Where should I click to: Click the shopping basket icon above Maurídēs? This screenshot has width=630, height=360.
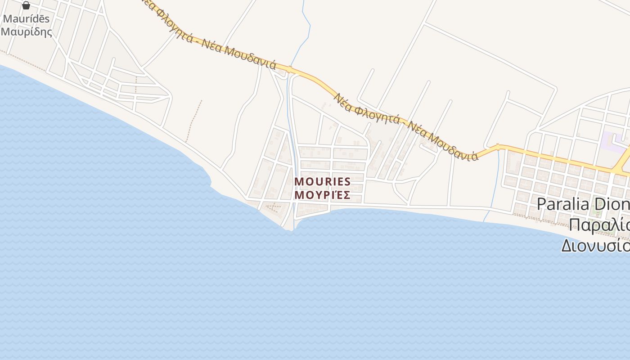[x=26, y=5]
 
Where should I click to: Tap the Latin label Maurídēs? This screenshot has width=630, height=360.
[x=26, y=19]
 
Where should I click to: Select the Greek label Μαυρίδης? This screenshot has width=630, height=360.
[x=26, y=32]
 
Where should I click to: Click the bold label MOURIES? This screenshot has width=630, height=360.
[x=322, y=182]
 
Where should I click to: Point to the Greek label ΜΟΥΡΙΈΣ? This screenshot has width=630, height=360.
[x=322, y=195]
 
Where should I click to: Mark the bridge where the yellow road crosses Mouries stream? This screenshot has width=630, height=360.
[x=290, y=70]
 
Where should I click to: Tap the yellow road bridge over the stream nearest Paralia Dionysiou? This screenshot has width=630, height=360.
[x=498, y=146]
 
